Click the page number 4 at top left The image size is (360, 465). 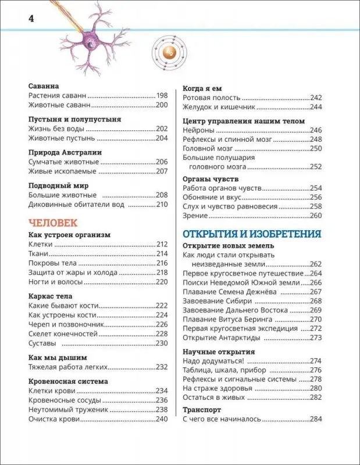(31, 18)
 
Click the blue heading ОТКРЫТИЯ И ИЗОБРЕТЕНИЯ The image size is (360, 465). (252, 234)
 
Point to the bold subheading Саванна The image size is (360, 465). (44, 85)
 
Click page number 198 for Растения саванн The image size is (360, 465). (162, 95)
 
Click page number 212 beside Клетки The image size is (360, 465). (162, 244)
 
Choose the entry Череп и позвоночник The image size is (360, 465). (66, 324)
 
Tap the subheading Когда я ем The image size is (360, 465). (203, 87)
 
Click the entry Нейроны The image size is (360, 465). (198, 130)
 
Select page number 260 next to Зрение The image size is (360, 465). (316, 216)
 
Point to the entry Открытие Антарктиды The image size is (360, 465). (220, 338)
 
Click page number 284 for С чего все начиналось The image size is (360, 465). (316, 419)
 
